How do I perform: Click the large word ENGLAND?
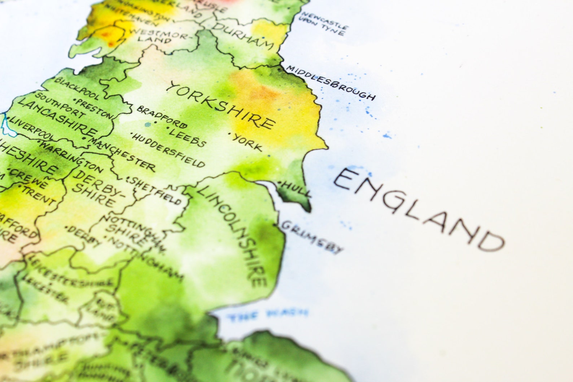click(419, 209)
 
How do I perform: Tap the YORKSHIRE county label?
click(222, 105)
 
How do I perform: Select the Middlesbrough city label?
click(330, 83)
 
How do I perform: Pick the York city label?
click(247, 142)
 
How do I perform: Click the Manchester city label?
click(123, 153)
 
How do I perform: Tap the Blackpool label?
click(76, 88)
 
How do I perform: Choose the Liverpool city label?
click(31, 128)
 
